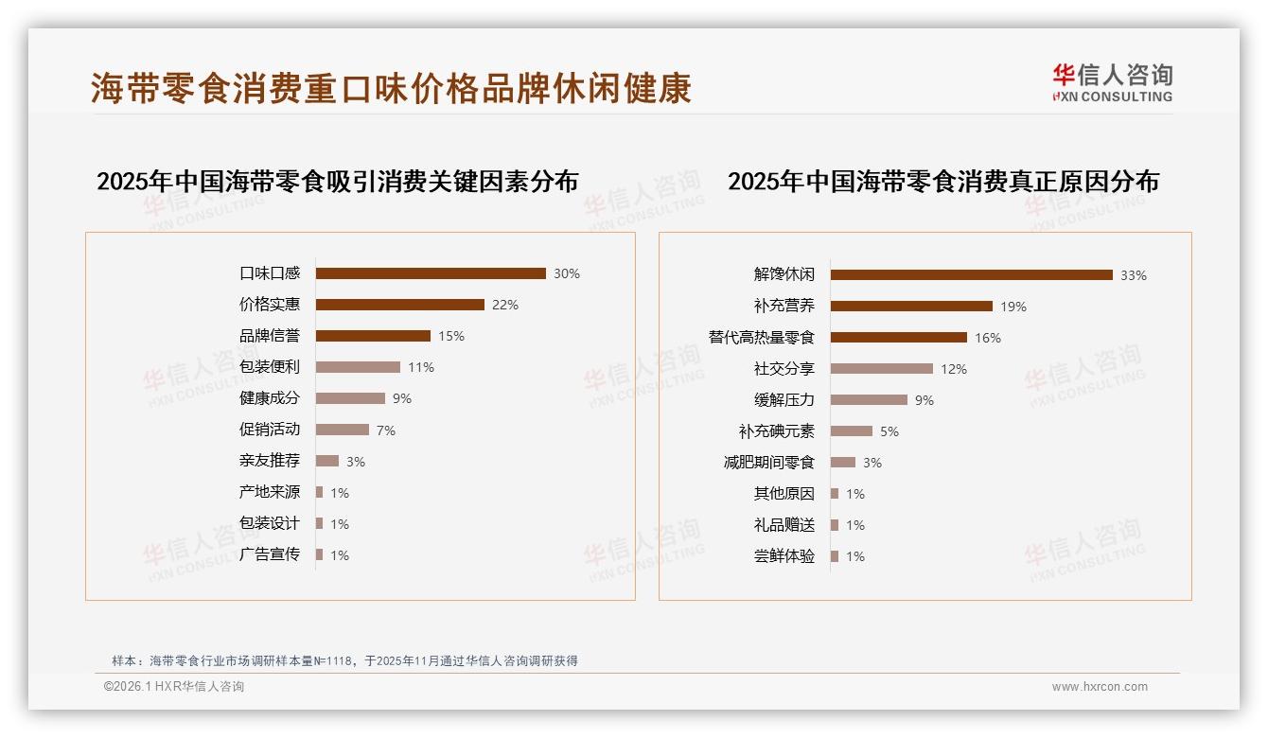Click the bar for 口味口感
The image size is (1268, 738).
tap(431, 273)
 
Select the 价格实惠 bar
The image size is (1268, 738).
tap(399, 305)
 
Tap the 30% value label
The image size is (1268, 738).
tap(567, 273)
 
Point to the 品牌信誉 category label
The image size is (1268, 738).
tap(270, 336)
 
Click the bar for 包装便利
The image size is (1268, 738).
tap(358, 367)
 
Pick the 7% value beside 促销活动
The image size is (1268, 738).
tap(386, 430)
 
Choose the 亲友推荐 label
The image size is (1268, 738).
tap(270, 461)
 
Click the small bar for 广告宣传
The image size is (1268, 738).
tap(320, 554)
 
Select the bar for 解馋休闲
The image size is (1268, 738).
tap(971, 275)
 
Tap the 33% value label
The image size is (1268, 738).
tap(1134, 275)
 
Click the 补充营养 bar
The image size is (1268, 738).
tap(911, 307)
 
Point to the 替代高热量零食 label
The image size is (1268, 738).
tap(762, 337)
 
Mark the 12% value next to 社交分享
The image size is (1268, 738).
tap(954, 369)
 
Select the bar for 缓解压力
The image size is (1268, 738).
tap(869, 400)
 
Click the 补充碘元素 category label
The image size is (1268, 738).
tap(777, 431)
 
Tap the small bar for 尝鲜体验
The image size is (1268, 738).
tap(835, 556)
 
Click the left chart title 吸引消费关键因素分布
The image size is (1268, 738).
tap(337, 181)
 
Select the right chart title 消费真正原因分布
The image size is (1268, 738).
tap(942, 181)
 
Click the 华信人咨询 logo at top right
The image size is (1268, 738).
tap(1112, 81)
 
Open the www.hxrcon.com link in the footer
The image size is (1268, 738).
tap(1100, 687)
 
